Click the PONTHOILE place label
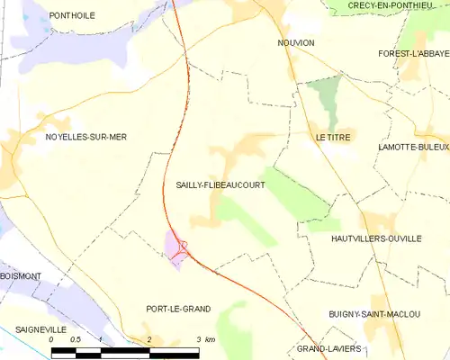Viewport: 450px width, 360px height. click(73, 15)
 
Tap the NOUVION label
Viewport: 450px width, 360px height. click(296, 42)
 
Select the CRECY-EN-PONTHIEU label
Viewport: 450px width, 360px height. click(392, 7)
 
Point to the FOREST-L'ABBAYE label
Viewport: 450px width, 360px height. click(413, 54)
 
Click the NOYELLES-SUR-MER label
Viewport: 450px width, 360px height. click(85, 137)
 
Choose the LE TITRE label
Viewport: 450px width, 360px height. click(335, 137)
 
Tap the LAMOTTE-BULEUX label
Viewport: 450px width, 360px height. click(413, 146)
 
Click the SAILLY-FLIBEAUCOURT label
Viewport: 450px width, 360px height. click(220, 184)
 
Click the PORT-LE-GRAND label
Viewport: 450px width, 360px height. click(178, 309)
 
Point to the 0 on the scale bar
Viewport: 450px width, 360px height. click(52, 339)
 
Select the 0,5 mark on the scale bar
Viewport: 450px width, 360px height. click(76, 339)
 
